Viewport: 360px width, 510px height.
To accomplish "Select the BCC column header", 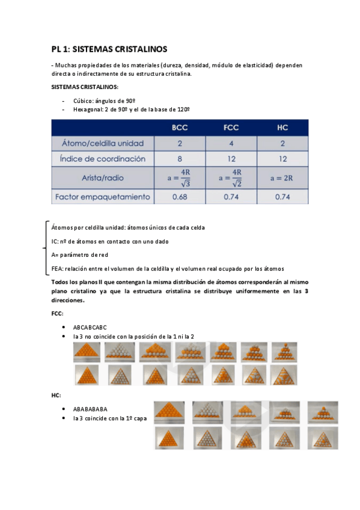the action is (180, 127).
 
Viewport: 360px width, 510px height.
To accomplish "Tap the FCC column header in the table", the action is (231, 127).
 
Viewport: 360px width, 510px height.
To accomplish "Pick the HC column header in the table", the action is (282, 127).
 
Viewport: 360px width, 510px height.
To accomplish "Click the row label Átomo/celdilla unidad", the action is (103, 144).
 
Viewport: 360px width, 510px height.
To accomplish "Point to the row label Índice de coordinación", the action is (103, 159).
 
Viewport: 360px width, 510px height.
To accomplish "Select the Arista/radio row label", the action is (103, 178).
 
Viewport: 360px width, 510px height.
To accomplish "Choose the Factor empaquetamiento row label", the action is (103, 197).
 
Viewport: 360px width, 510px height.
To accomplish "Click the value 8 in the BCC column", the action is (180, 159).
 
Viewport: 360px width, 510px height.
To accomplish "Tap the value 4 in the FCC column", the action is (231, 144).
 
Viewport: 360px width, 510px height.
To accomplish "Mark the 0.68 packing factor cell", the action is (180, 197).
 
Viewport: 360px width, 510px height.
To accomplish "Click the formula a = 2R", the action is (282, 178).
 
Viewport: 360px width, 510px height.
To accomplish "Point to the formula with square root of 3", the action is (180, 178).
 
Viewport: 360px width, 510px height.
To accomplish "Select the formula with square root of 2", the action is (231, 178).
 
